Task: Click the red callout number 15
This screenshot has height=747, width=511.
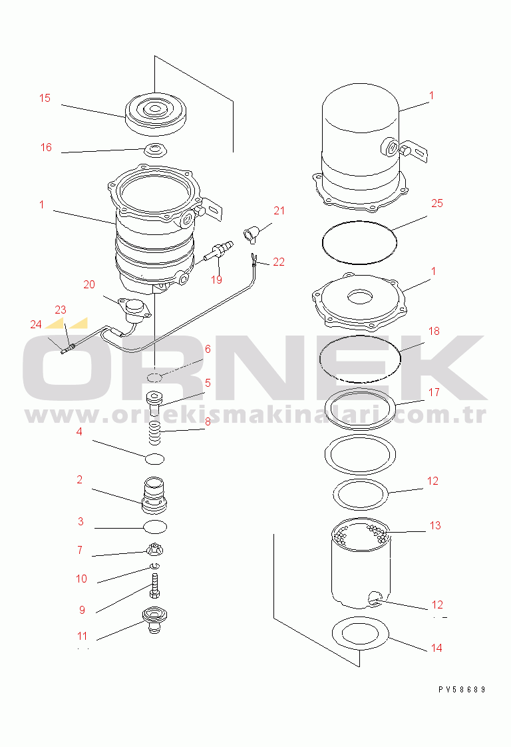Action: [x=45, y=98]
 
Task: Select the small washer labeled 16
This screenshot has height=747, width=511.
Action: [x=155, y=150]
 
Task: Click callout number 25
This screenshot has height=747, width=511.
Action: [x=436, y=204]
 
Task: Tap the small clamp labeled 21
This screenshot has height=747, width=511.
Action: [x=251, y=234]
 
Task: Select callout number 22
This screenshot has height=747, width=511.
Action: [x=279, y=262]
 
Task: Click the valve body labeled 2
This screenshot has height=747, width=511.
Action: [x=154, y=495]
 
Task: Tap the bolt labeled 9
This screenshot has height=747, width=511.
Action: [x=154, y=585]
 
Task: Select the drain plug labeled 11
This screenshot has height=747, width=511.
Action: [x=154, y=620]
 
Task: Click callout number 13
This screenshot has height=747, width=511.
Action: [x=435, y=525]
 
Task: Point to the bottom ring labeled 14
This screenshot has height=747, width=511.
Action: [x=333, y=634]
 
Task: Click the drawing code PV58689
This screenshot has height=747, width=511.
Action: [x=462, y=689]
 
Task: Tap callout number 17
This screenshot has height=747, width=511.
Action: [x=434, y=393]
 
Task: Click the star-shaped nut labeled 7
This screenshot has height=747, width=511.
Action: [x=155, y=549]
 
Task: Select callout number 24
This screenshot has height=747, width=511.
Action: [x=36, y=325]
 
